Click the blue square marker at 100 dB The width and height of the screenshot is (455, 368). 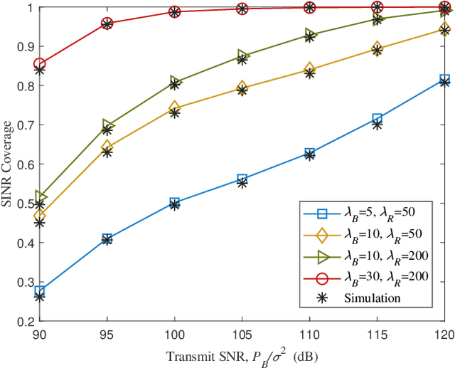click(x=175, y=203)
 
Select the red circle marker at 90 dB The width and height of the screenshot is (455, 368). click(x=40, y=64)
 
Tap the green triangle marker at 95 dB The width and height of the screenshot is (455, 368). click(x=107, y=125)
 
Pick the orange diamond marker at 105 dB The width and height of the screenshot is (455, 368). click(x=242, y=88)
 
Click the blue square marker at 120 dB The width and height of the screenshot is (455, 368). click(x=444, y=80)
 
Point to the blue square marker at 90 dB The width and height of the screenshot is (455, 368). click(x=40, y=291)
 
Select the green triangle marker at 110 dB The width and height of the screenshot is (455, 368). click(x=310, y=34)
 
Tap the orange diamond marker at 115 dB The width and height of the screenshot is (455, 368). click(x=378, y=48)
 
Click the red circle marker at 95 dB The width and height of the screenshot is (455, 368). click(x=107, y=23)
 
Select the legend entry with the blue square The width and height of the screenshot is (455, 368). click(x=370, y=213)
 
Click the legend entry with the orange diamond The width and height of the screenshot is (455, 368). click(x=370, y=233)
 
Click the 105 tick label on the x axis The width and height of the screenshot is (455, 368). click(x=242, y=334)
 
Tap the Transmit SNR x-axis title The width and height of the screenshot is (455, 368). click(x=241, y=356)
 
